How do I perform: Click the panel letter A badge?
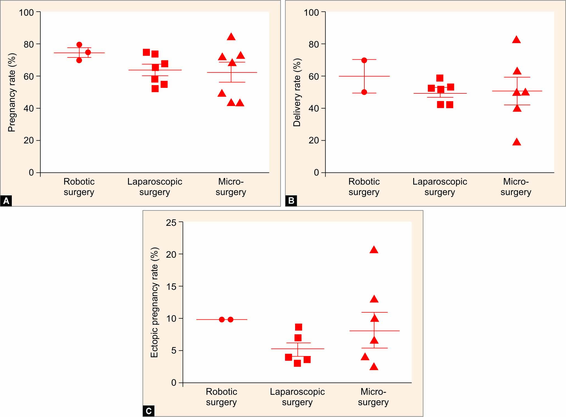coord(6,201)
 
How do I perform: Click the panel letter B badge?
coord(291,201)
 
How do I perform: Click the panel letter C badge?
coord(149,411)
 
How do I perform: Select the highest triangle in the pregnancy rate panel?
coord(231,37)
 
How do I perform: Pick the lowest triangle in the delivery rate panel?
coord(517,142)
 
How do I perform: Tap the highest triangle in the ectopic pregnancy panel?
coord(374,250)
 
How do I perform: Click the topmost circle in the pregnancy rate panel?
coord(79,45)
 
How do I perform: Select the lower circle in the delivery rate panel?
coord(364,92)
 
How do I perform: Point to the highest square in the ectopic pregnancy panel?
coord(298,327)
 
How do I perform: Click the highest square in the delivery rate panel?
coord(440,78)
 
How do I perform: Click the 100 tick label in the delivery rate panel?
coord(311,12)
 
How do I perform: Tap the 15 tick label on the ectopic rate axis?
coord(171,287)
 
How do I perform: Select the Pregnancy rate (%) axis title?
coord(12,92)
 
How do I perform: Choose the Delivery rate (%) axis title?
coord(297,92)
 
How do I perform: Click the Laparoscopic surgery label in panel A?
coord(155,187)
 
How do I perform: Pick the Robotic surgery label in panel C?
coord(221,397)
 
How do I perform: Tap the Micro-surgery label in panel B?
coord(516,187)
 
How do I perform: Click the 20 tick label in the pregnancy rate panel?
coord(29,140)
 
